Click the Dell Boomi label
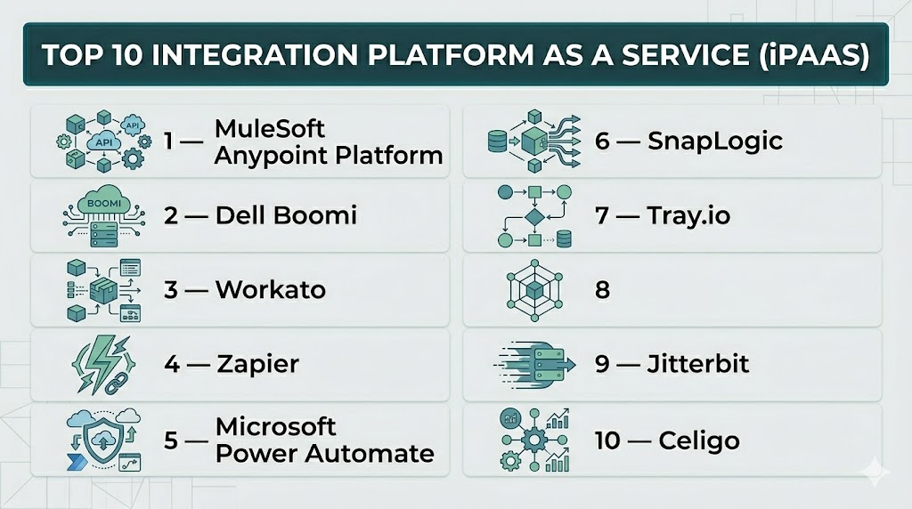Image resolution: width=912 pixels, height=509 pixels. point(286,214)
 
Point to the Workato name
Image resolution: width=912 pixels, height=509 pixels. point(270,289)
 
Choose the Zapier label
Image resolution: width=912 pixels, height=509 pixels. point(257,364)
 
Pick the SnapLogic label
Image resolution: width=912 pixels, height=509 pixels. point(714,141)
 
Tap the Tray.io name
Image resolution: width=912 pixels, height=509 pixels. point(688,215)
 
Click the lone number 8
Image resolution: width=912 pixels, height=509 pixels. point(603,290)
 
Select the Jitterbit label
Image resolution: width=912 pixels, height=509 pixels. point(698,364)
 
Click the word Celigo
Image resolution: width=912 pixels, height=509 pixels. point(699,440)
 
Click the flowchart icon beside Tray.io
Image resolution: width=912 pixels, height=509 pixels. point(533,216)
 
